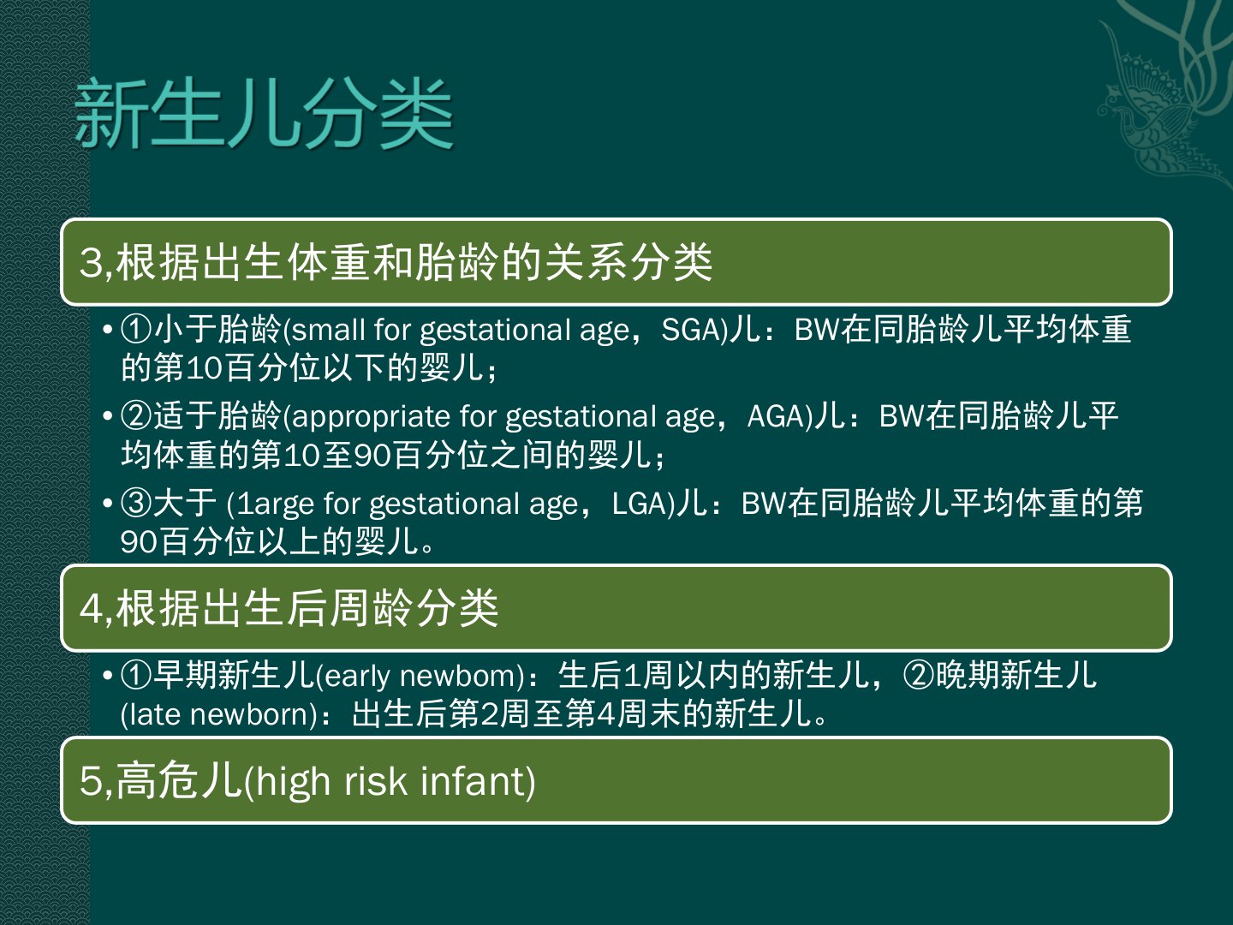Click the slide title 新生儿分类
(x=264, y=114)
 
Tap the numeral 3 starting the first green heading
(x=91, y=262)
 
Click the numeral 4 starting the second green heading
(x=91, y=608)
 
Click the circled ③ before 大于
(x=136, y=504)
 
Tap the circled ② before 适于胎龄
(x=136, y=417)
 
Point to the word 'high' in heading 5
(x=293, y=782)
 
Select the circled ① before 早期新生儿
(x=136, y=677)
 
